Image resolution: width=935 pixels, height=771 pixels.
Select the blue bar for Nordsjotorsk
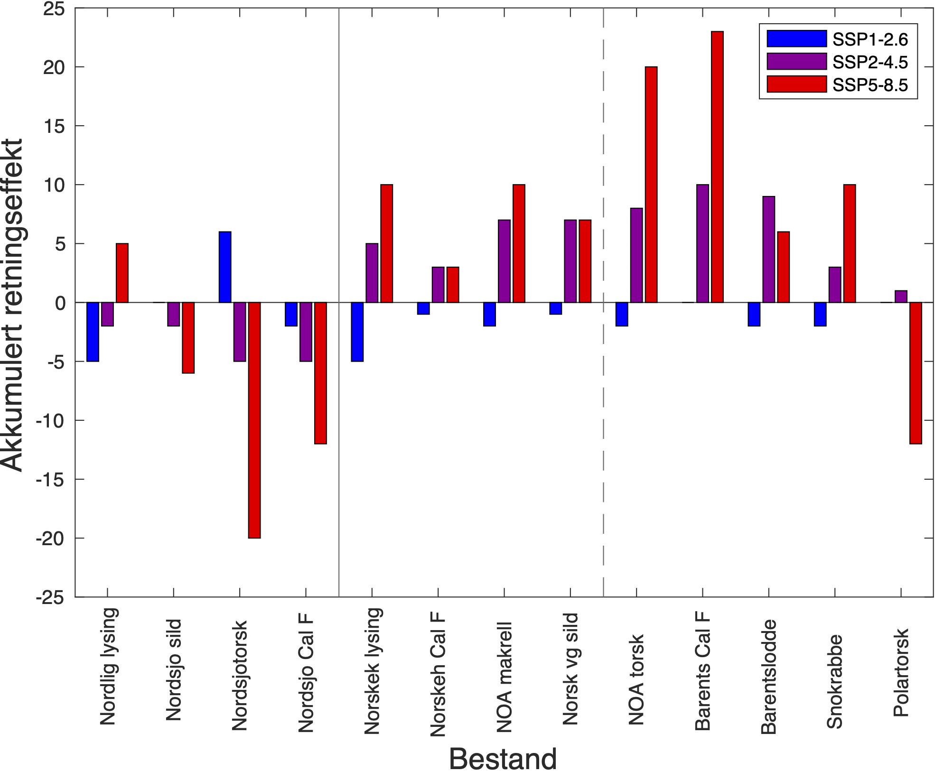(225, 267)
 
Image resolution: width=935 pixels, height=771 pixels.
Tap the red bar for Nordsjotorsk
(254, 420)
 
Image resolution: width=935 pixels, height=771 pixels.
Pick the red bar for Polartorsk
(916, 373)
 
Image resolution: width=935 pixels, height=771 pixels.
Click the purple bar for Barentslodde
(768, 250)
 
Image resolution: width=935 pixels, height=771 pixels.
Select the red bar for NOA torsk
(651, 185)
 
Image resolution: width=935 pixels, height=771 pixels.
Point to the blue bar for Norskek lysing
(357, 332)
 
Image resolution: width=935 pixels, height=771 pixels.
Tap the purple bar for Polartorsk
(901, 297)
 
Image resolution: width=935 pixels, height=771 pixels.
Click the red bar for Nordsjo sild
(188, 338)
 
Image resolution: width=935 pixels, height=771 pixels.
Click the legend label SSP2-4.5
(870, 62)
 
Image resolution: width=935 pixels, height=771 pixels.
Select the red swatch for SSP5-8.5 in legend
(797, 84)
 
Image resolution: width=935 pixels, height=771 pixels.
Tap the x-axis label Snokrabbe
(834, 681)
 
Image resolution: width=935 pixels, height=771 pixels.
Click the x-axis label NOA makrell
(504, 678)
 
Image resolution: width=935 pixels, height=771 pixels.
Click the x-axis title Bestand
(503, 759)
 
